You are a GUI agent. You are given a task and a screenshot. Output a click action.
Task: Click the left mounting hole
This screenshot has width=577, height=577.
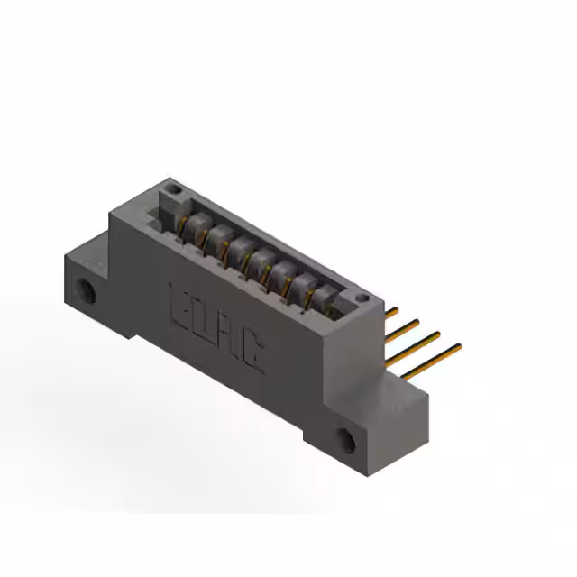click(x=87, y=291)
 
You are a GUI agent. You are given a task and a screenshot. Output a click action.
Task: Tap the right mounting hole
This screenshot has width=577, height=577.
click(x=347, y=441)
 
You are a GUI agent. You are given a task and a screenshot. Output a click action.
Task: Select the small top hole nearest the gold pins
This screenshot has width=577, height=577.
click(x=362, y=297)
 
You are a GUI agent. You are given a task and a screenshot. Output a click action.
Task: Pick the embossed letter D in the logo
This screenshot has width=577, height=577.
click(x=200, y=317)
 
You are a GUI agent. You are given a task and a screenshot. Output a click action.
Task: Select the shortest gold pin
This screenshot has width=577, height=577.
click(x=390, y=311)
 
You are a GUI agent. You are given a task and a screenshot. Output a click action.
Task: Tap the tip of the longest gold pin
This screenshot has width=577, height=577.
click(x=459, y=345)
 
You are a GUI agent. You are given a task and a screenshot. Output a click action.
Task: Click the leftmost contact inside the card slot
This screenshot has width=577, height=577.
click(x=193, y=225)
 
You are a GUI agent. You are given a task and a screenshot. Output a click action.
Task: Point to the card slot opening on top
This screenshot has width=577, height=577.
click(x=261, y=252)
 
